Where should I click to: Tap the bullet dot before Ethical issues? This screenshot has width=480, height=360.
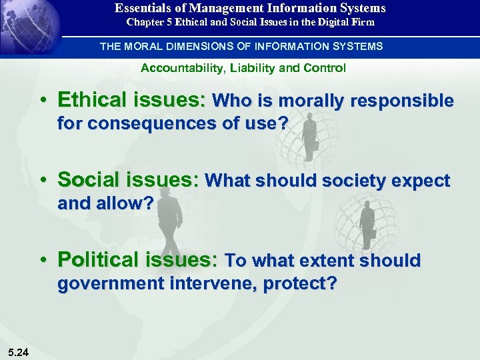coord(43,101)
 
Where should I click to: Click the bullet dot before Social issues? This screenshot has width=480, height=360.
coord(43,181)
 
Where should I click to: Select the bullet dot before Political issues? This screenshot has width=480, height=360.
coord(43,261)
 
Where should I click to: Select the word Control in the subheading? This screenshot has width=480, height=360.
coord(323,68)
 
